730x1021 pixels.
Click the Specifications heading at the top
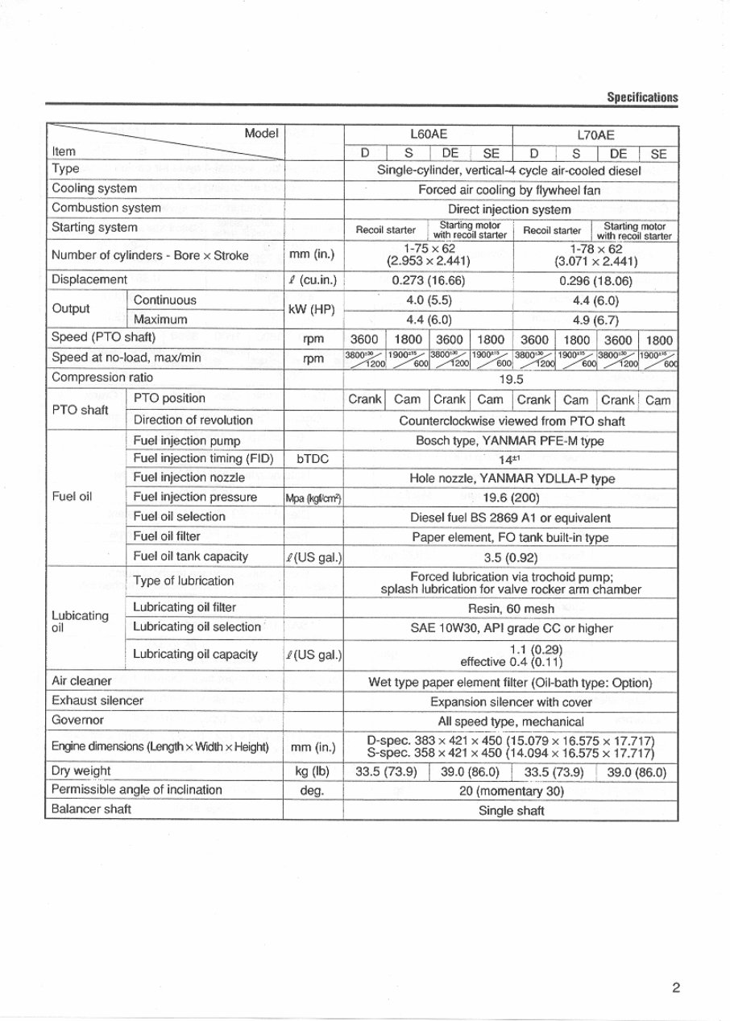click(x=642, y=97)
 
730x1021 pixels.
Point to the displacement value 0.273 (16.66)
click(x=428, y=281)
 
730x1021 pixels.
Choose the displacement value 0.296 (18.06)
click(x=595, y=281)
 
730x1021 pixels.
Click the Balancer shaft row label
click(x=91, y=809)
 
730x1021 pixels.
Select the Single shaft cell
click(x=511, y=811)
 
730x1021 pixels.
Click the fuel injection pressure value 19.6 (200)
click(x=511, y=498)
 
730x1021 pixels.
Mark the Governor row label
click(x=77, y=720)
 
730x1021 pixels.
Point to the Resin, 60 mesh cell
click(x=511, y=609)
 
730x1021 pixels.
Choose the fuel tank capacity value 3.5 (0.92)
click(x=511, y=557)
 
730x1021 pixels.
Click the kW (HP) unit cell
click(x=314, y=310)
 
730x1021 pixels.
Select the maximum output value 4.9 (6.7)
click(x=595, y=320)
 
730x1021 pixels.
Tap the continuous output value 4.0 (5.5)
click(x=428, y=300)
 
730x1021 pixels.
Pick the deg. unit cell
click(x=314, y=791)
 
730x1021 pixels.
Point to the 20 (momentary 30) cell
click(x=511, y=791)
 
